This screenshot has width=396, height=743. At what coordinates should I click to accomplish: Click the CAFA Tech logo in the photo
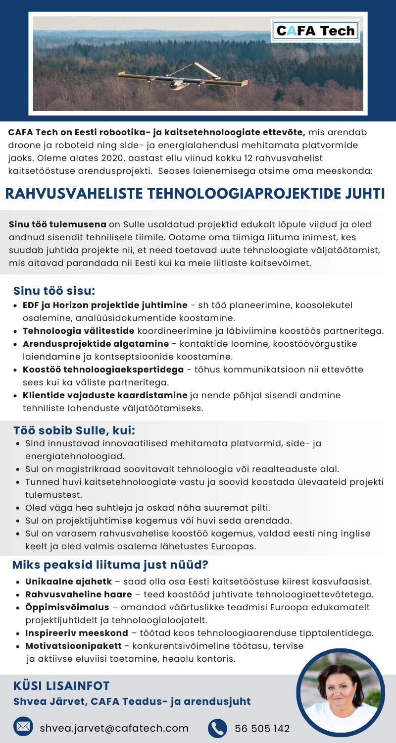click(315, 31)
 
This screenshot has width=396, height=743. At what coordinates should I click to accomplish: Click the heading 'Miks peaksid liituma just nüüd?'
click(110, 564)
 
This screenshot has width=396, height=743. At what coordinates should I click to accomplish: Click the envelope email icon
click(23, 728)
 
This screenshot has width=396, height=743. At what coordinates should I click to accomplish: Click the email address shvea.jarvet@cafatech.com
click(114, 728)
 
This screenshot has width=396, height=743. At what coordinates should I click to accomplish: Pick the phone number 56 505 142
click(262, 728)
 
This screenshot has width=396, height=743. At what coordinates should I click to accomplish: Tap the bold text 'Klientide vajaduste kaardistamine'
click(105, 395)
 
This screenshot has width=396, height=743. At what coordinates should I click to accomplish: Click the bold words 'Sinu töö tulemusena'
click(57, 224)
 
